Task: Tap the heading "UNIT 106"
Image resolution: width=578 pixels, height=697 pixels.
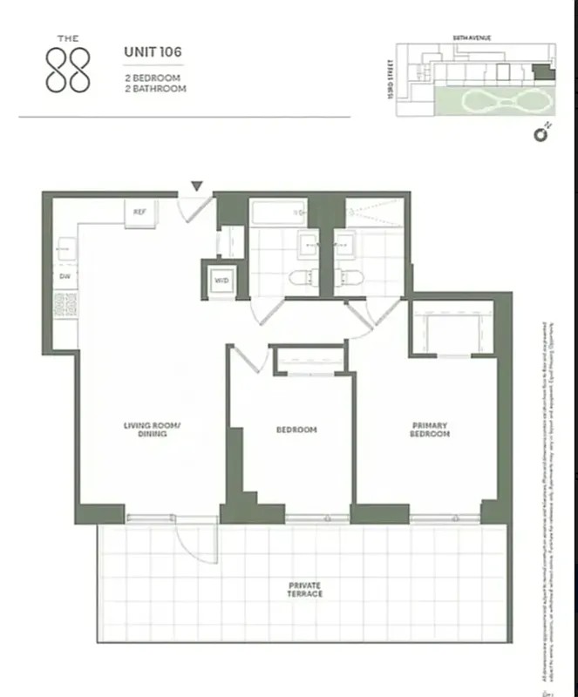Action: [153, 51]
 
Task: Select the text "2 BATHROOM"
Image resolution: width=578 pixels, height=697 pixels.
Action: [155, 88]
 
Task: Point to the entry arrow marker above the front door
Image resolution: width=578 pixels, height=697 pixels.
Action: [198, 186]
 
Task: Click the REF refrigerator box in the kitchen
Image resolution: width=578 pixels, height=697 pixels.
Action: [139, 213]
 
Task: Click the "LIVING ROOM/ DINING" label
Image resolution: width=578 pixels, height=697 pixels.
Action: [151, 429]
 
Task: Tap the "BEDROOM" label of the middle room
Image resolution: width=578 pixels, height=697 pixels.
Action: [296, 430]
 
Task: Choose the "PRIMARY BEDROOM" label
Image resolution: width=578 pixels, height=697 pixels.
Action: [431, 430]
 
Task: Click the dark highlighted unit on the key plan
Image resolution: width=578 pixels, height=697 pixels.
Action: [542, 76]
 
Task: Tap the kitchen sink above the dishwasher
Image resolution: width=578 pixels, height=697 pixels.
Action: [65, 251]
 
